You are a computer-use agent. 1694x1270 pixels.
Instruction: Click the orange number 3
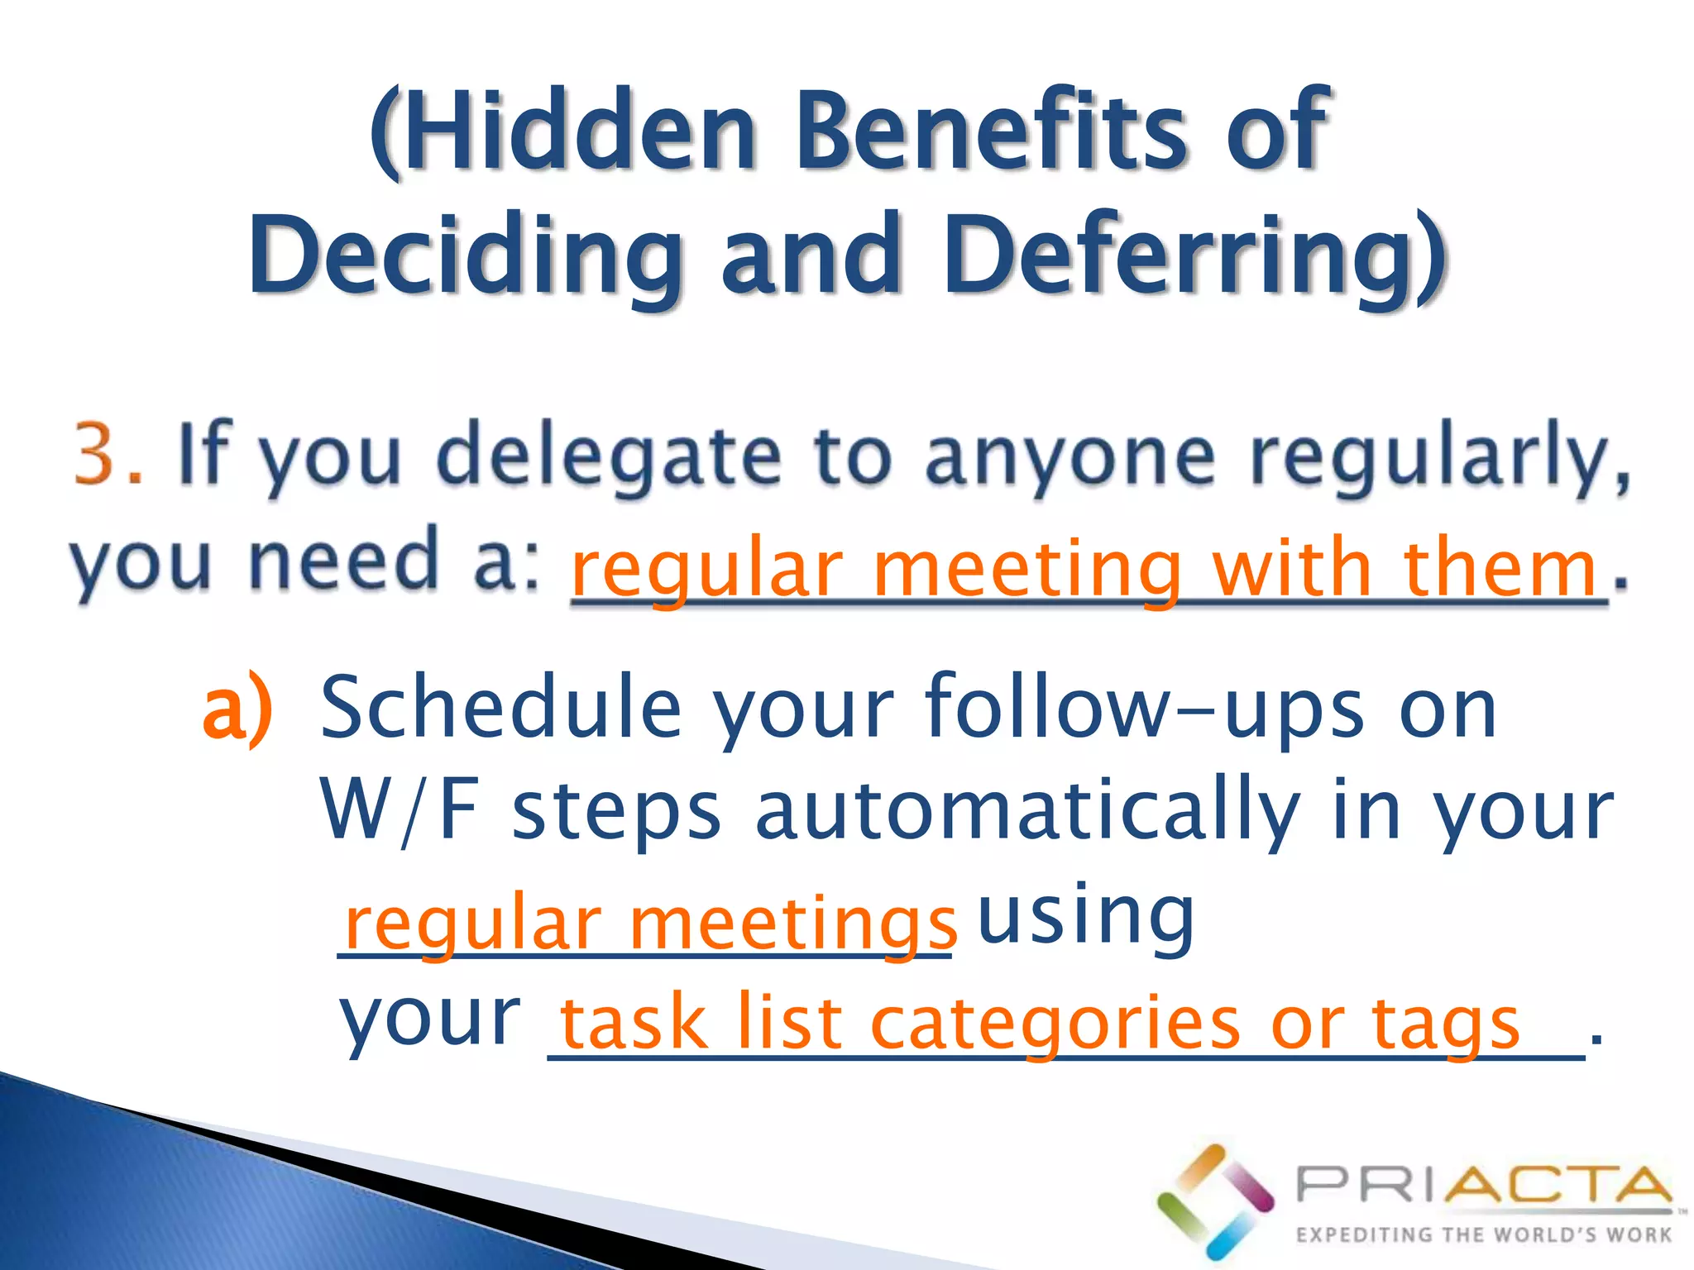click(98, 453)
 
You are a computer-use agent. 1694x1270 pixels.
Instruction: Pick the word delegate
click(608, 457)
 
